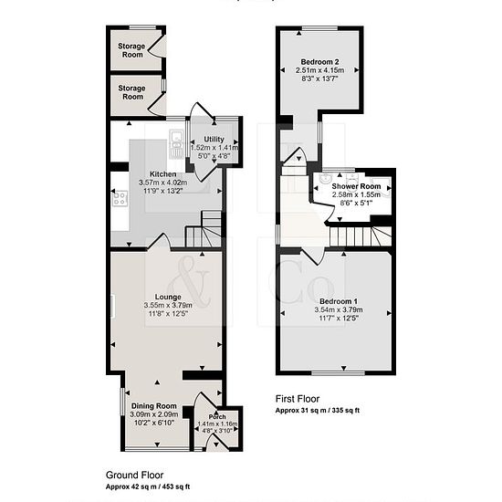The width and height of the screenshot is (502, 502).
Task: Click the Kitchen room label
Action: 163,174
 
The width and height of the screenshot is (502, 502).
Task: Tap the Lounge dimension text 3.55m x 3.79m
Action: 168,305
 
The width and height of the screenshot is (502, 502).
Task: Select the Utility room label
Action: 214,140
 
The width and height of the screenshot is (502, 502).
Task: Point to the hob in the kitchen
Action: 120,198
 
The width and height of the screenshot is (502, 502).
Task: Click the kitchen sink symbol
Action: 175,144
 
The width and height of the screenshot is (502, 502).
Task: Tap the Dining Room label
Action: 154,406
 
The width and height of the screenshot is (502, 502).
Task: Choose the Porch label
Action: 217,416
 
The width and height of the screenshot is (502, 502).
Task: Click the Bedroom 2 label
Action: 319,62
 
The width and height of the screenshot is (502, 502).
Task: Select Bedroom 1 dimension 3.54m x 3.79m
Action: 339,309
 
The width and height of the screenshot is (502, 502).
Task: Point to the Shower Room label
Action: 356,186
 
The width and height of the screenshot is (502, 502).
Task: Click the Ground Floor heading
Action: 134,475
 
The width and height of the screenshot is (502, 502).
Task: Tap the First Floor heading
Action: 298,399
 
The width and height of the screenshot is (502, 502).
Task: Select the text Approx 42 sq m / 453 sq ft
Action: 148,486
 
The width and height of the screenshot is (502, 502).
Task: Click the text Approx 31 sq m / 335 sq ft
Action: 318,410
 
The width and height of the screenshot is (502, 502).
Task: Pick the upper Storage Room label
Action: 131,50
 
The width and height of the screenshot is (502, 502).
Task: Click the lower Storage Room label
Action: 131,92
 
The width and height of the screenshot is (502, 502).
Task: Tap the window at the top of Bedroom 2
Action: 319,28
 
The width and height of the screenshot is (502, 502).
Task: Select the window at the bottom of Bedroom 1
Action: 339,373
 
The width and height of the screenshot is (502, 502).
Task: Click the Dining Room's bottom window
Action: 157,449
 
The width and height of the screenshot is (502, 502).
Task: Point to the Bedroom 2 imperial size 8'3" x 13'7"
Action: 319,78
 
